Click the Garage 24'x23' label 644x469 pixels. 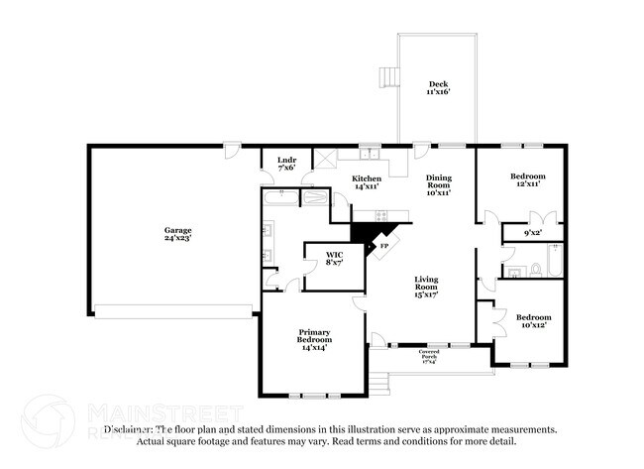177,234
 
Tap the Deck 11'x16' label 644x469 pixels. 436,87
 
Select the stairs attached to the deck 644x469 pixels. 388,76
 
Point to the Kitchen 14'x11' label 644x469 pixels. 368,182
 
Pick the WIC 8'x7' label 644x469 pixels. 334,259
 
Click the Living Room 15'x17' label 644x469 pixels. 427,287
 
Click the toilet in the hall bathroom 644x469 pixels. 534,268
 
